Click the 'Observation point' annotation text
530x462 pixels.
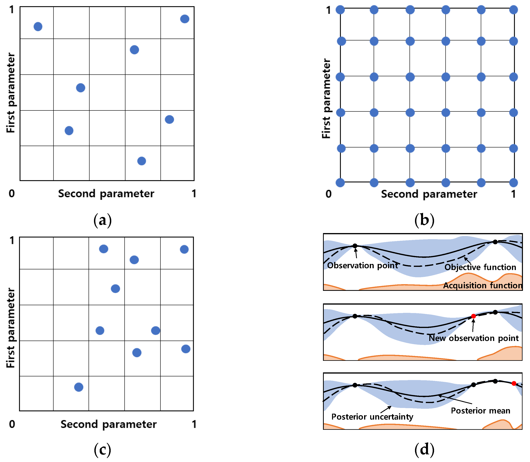362,265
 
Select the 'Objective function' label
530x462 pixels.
480,267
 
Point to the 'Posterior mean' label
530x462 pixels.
480,411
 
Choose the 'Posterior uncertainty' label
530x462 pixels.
372,417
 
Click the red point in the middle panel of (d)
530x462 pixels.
473,316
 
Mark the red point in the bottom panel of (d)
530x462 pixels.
514,383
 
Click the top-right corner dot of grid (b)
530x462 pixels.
513,10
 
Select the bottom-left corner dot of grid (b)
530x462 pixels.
340,183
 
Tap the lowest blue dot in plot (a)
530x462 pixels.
142,161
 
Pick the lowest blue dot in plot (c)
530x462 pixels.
79,387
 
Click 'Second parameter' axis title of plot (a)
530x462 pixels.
106,194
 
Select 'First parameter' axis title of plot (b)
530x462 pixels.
326,98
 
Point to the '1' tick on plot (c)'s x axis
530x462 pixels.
194,424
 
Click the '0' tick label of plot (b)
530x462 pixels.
328,194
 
